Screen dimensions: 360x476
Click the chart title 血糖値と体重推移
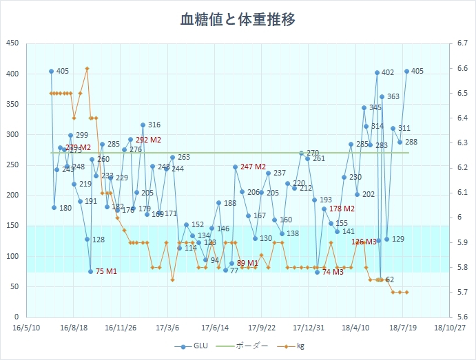238,19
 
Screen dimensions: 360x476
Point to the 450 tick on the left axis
12,43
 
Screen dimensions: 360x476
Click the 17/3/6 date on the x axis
167,328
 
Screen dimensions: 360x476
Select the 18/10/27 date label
449,328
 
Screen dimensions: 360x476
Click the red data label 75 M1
106,271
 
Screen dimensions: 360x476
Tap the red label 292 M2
148,140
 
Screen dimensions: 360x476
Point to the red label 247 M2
253,167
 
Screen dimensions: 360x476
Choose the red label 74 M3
333,272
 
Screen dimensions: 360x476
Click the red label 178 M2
342,209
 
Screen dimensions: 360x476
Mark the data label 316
154,125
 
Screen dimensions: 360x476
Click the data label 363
393,97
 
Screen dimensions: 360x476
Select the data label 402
388,72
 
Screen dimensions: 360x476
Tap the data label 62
390,279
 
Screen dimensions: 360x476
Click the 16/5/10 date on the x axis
26,328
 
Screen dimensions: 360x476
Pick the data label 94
214,260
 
